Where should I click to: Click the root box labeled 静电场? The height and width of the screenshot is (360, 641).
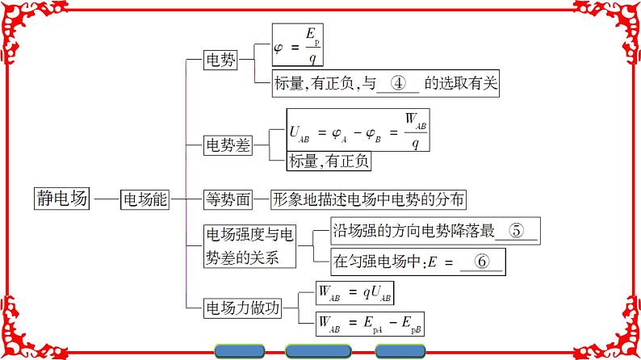(61, 199)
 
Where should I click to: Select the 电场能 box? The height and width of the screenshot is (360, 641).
(144, 199)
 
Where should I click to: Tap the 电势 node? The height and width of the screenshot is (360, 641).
(221, 59)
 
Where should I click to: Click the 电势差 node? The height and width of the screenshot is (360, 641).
(226, 145)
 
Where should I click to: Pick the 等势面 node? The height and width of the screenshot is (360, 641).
(226, 199)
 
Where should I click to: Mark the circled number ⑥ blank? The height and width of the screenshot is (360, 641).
(482, 261)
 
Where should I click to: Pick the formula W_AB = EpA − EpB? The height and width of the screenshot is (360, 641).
(359, 324)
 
